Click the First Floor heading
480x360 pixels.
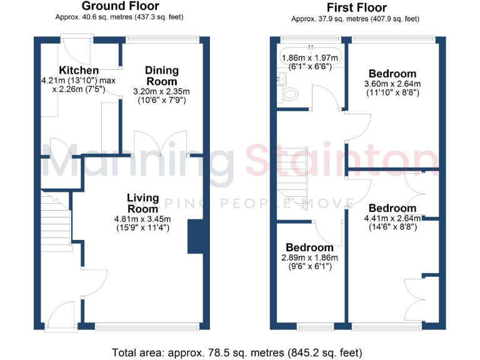pyautogui.click(x=356, y=7)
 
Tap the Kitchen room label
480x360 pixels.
pyautogui.click(x=79, y=70)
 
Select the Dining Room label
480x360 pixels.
pyautogui.click(x=162, y=76)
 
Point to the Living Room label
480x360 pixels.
pyautogui.click(x=142, y=203)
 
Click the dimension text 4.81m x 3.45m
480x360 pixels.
pyautogui.click(x=142, y=219)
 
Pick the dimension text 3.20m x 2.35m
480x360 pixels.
pyautogui.click(x=162, y=91)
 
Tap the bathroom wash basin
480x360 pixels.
pyautogui.click(x=282, y=79)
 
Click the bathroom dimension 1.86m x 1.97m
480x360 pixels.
pyautogui.click(x=310, y=58)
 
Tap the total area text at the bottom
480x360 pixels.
pyautogui.click(x=240, y=351)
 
